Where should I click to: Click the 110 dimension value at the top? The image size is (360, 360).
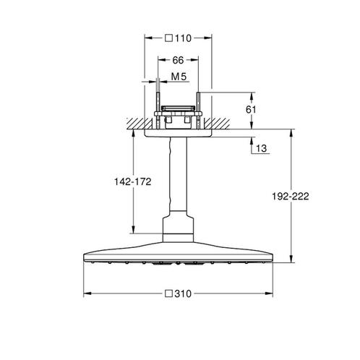point(183,38)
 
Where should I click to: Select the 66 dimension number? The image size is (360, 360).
point(178,60)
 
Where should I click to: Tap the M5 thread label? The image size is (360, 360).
point(179,77)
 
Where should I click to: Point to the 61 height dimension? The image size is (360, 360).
point(251,110)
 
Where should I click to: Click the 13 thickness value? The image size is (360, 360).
point(261,148)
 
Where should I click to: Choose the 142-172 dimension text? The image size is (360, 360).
point(133,181)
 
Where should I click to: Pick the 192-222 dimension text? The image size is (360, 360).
point(291,197)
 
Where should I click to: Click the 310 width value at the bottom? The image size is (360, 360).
point(183,293)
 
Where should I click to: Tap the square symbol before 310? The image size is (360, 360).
point(169,293)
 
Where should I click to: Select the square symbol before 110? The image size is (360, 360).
point(169,38)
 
